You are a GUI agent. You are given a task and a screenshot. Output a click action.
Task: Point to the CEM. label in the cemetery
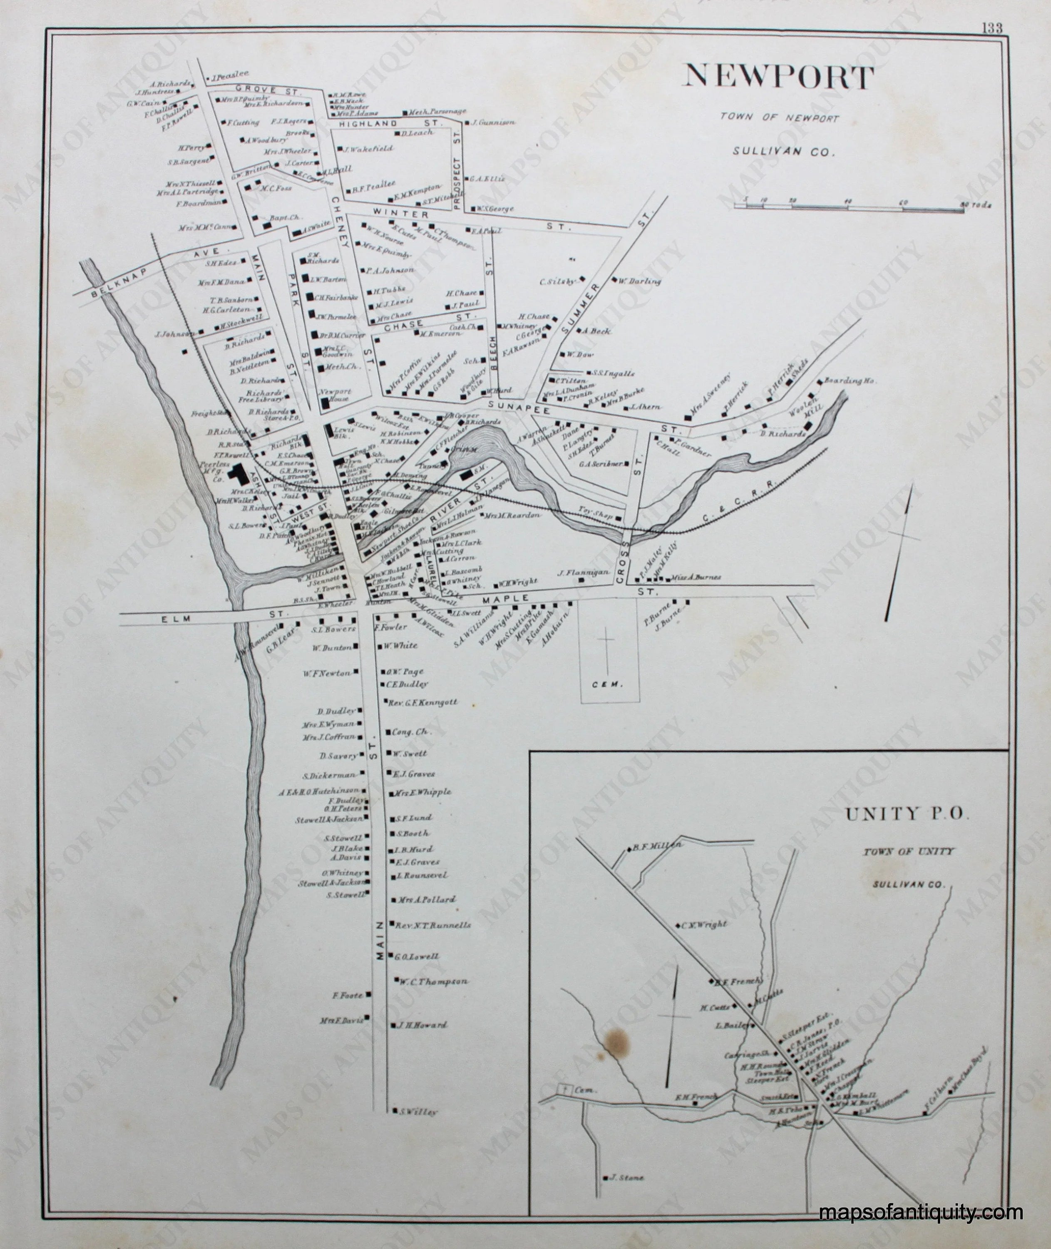(x=608, y=685)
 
